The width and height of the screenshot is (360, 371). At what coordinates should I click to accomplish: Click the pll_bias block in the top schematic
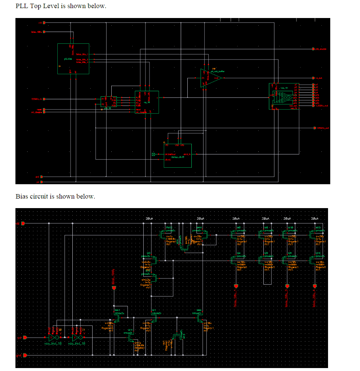(73, 58)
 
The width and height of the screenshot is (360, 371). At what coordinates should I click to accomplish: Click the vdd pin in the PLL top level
(44, 22)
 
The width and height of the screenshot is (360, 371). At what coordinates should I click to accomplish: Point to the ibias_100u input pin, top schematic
(44, 32)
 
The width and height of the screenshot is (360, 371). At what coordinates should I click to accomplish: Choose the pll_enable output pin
(313, 49)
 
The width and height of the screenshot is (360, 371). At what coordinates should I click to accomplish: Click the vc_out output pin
(313, 78)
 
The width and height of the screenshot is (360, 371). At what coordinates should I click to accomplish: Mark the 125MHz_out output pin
(314, 128)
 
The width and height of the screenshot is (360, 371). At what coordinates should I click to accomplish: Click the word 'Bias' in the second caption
(22, 196)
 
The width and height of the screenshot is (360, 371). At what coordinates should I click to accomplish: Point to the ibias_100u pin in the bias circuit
(114, 288)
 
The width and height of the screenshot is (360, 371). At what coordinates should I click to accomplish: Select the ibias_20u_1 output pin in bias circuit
(236, 286)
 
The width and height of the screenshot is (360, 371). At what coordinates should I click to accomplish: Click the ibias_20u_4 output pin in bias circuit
(314, 286)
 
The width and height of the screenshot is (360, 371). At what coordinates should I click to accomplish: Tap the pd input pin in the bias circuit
(25, 337)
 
